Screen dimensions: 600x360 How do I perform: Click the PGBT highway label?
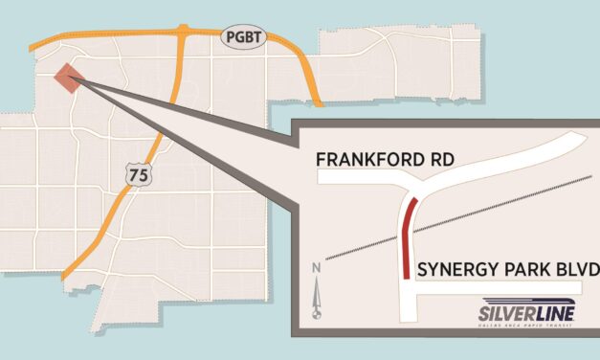click(x=239, y=37)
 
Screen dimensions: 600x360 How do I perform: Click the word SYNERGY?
click(x=451, y=274)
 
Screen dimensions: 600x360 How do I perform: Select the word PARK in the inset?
click(x=524, y=274)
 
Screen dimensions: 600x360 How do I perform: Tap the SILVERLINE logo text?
click(x=522, y=312)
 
